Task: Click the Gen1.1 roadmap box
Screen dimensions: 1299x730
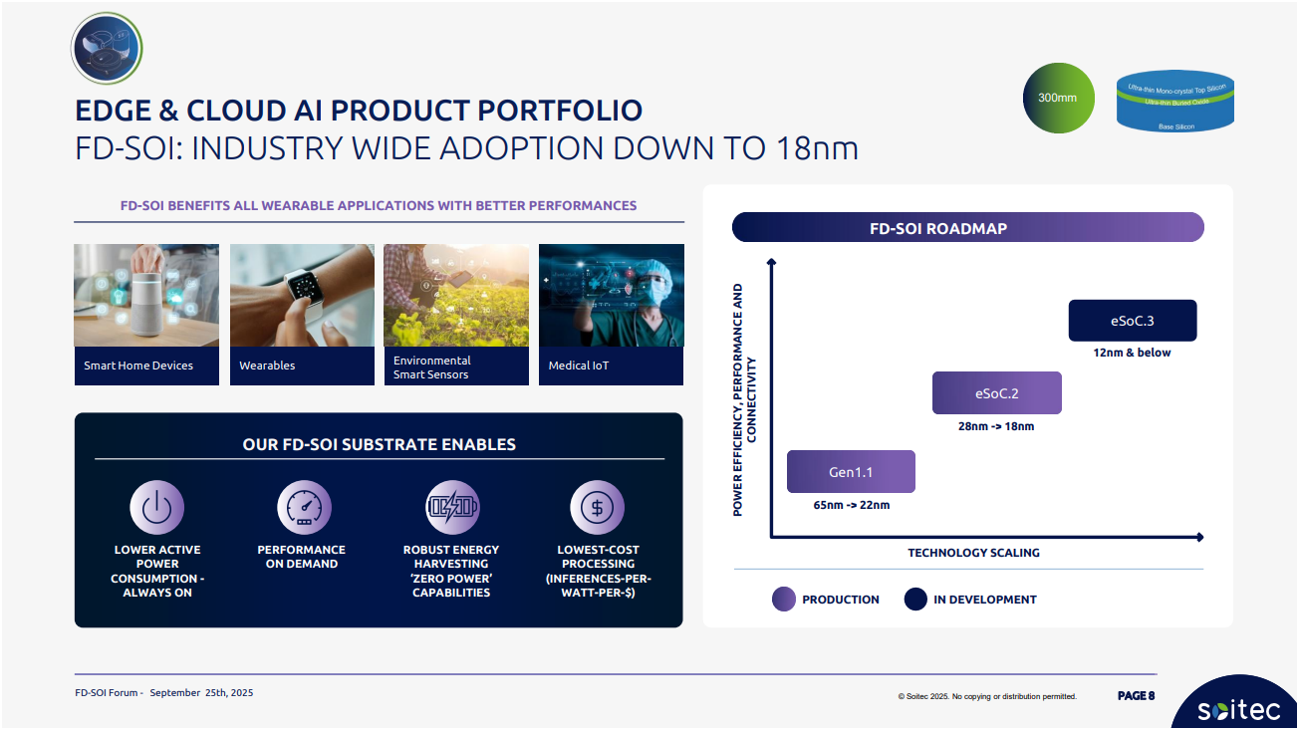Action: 851,471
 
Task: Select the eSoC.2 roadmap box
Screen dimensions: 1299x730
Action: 997,393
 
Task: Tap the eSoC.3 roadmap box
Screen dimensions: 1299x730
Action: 1133,321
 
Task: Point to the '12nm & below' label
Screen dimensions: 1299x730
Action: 1132,353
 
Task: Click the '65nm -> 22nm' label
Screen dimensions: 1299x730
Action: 852,505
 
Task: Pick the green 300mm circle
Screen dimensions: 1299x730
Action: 1058,98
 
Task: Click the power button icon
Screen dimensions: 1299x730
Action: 156,507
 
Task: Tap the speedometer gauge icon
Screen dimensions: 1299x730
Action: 304,507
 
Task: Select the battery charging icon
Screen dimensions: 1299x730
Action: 452,507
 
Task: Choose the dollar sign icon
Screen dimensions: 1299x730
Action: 598,507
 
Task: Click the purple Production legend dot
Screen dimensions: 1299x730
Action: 783,599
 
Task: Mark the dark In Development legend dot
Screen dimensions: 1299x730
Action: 915,599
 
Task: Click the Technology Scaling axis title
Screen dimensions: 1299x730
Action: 973,553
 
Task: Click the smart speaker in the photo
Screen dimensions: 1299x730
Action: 146,302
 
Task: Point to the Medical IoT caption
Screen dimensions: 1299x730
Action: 579,365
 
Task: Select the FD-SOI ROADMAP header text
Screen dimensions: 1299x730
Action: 938,228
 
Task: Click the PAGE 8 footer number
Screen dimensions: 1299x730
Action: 1136,695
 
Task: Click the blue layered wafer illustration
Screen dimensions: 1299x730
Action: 1174,101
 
